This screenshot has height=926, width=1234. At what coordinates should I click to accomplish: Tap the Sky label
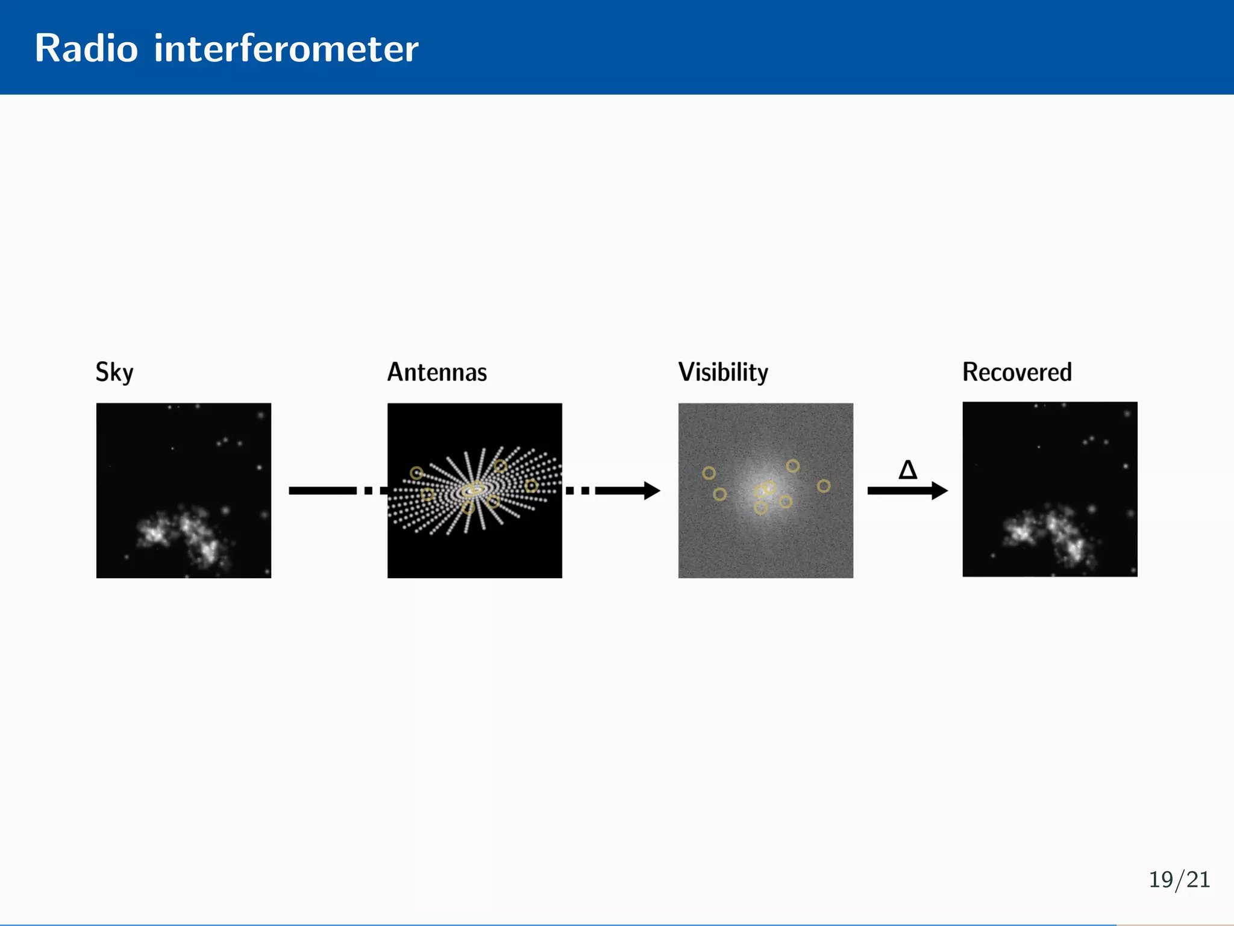[x=114, y=372]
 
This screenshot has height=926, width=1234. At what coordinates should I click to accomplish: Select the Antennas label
[x=437, y=372]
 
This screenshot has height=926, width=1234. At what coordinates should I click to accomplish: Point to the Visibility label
[x=723, y=372]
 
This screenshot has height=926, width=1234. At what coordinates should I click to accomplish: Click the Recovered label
[x=1016, y=372]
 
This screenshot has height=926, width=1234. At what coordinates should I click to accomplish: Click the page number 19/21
[x=1179, y=880]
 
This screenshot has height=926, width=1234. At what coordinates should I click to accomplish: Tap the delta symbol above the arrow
[x=907, y=470]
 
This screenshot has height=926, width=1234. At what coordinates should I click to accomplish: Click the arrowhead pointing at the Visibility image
[x=652, y=491]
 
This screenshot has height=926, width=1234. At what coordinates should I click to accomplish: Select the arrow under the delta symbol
[x=907, y=491]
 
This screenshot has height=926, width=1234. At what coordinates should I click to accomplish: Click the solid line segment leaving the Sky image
[x=322, y=491]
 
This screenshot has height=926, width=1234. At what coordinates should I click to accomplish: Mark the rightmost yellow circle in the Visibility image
[x=824, y=486]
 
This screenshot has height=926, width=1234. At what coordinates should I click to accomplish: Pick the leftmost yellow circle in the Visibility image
[x=709, y=473]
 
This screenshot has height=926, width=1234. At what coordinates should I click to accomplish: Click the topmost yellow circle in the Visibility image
[x=793, y=466]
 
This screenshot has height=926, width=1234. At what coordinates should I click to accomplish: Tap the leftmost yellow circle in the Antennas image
[x=416, y=473]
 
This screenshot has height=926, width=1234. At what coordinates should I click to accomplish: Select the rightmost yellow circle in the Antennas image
[x=531, y=486]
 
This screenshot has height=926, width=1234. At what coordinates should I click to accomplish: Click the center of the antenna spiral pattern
[x=474, y=490]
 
